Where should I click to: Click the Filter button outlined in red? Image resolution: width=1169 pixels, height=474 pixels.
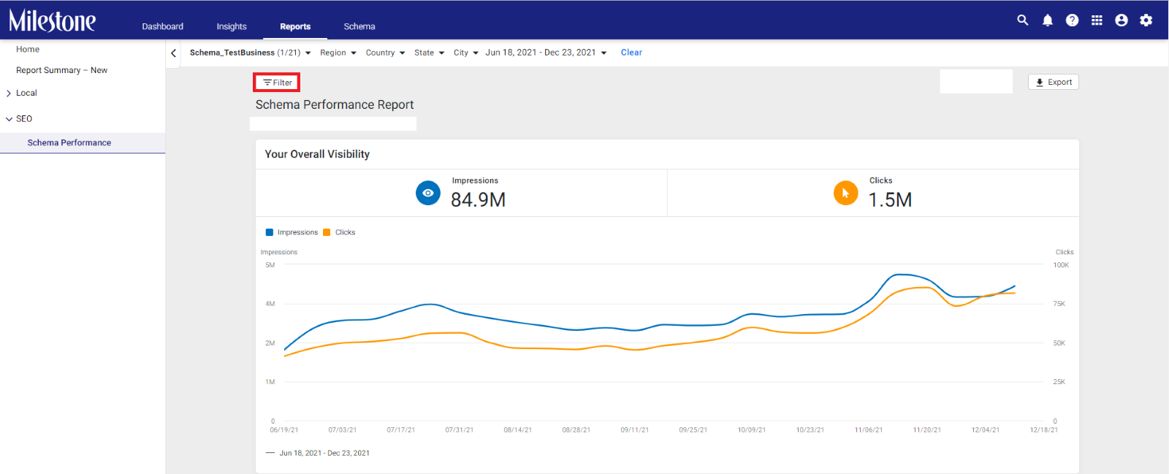click(x=277, y=83)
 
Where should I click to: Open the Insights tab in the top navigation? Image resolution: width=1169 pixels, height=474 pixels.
click(x=231, y=26)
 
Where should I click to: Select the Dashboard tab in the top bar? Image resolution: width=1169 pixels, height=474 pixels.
click(x=162, y=26)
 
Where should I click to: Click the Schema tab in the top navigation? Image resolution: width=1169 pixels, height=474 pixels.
click(x=359, y=26)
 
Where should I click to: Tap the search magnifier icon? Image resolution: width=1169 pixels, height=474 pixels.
click(x=1022, y=20)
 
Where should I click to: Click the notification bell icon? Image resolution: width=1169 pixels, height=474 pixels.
click(x=1048, y=20)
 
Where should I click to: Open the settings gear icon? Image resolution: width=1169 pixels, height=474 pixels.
click(x=1146, y=20)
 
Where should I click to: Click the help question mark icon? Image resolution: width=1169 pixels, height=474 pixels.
click(x=1072, y=20)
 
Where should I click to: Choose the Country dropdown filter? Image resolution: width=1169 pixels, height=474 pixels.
click(x=385, y=53)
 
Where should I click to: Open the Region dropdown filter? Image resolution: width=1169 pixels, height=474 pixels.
click(x=338, y=53)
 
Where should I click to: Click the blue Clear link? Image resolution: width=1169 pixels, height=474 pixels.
click(x=631, y=52)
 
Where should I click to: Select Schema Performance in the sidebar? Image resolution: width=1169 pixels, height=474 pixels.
click(x=69, y=142)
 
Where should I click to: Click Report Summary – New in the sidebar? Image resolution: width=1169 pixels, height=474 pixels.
click(x=61, y=70)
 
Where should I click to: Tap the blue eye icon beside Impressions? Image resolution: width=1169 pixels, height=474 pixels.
click(x=428, y=193)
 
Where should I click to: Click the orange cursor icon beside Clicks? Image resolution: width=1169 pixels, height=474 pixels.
click(x=845, y=193)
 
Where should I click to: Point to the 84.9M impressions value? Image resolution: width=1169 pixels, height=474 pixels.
click(x=478, y=199)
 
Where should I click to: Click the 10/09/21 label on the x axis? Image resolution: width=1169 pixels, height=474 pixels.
click(x=752, y=429)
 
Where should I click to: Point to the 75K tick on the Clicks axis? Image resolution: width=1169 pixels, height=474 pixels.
click(x=1059, y=304)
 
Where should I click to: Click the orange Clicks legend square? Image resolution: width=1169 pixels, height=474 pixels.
click(x=327, y=232)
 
